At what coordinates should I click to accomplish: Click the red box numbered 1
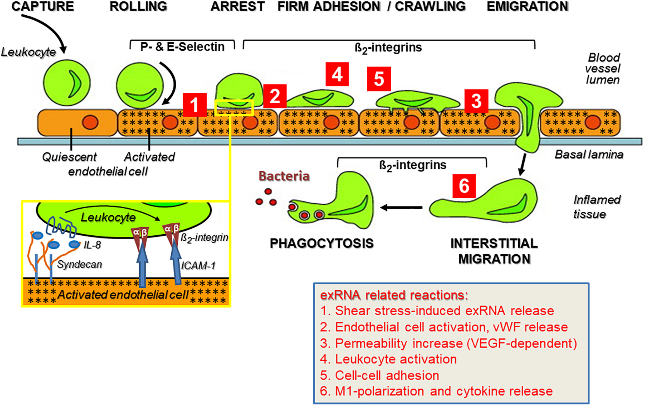tap(195, 105)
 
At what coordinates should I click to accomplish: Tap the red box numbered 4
tap(337, 74)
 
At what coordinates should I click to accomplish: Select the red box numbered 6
tap(464, 186)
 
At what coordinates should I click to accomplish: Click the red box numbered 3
tap(476, 101)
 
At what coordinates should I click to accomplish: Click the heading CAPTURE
tap(43, 7)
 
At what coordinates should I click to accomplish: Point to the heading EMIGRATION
tap(527, 7)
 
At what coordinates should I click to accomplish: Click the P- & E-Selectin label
tap(182, 47)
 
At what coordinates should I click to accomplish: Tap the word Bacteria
tap(284, 176)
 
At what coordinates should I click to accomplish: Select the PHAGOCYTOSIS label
tap(322, 243)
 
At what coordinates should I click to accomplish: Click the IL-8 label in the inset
tap(92, 245)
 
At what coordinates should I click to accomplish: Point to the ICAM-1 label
tap(198, 266)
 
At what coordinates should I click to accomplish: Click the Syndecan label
tap(80, 265)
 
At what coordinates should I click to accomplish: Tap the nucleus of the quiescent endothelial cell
tap(90, 122)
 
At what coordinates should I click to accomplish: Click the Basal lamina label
tap(589, 155)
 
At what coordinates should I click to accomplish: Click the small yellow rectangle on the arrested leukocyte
tap(234, 108)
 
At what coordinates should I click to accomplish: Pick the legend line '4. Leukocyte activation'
tap(388, 359)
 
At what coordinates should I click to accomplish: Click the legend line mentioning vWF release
tap(444, 327)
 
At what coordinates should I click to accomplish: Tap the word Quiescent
tap(69, 157)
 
